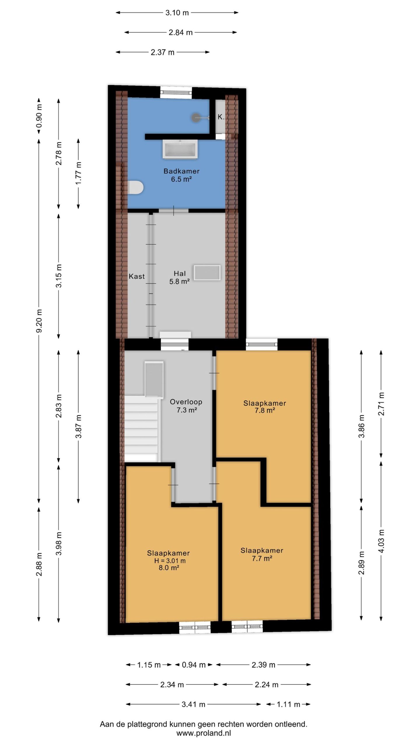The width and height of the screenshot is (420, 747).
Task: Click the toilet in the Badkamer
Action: click(x=135, y=187)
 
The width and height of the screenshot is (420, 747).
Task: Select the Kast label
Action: click(x=137, y=276)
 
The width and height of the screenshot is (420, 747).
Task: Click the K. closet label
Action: click(x=221, y=117)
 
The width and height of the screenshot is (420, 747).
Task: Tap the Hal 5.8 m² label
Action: click(x=180, y=277)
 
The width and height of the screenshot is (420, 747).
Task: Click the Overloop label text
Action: click(x=186, y=402)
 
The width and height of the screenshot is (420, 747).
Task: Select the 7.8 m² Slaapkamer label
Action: click(x=265, y=407)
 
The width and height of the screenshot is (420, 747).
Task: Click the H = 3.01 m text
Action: click(x=170, y=561)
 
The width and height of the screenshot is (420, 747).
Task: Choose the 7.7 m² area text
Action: click(x=262, y=558)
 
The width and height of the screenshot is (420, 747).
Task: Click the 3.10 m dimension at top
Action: click(x=177, y=13)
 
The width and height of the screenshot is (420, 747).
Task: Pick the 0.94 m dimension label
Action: click(x=194, y=665)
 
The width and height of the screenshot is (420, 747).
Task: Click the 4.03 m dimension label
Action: click(x=381, y=540)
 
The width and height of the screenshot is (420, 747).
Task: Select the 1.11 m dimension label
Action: click(x=288, y=704)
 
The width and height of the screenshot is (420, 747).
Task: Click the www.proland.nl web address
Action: click(x=204, y=733)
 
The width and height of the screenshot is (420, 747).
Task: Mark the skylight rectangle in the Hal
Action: click(x=207, y=273)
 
